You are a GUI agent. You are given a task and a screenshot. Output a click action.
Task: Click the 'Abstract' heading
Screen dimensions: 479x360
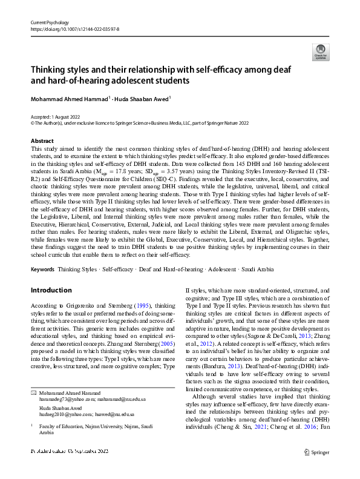point(42,140)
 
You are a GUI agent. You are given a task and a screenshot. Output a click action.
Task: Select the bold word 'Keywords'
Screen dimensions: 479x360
point(42,268)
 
